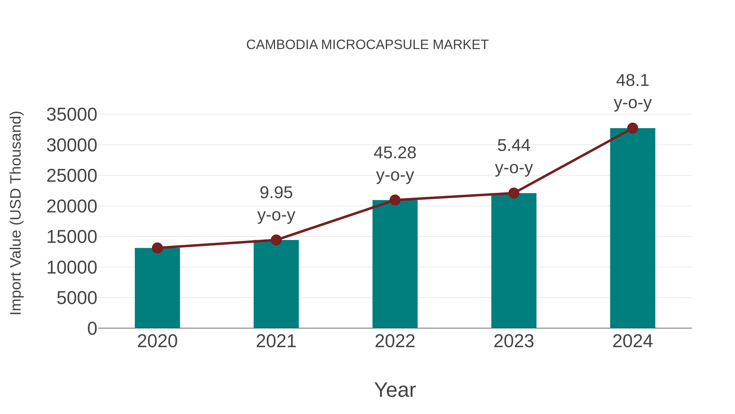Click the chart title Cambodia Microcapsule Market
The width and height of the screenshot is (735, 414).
(x=367, y=45)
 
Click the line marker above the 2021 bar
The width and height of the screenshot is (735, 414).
(x=276, y=240)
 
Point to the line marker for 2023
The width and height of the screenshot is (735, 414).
(x=514, y=193)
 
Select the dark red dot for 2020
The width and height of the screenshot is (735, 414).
(x=157, y=248)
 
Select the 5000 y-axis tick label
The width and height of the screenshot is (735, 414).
(x=77, y=298)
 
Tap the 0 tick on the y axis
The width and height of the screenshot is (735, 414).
(x=92, y=328)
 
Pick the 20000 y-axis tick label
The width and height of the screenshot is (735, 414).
(x=72, y=206)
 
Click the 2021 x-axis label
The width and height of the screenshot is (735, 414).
(x=276, y=341)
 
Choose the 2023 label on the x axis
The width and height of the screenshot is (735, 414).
(x=514, y=341)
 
